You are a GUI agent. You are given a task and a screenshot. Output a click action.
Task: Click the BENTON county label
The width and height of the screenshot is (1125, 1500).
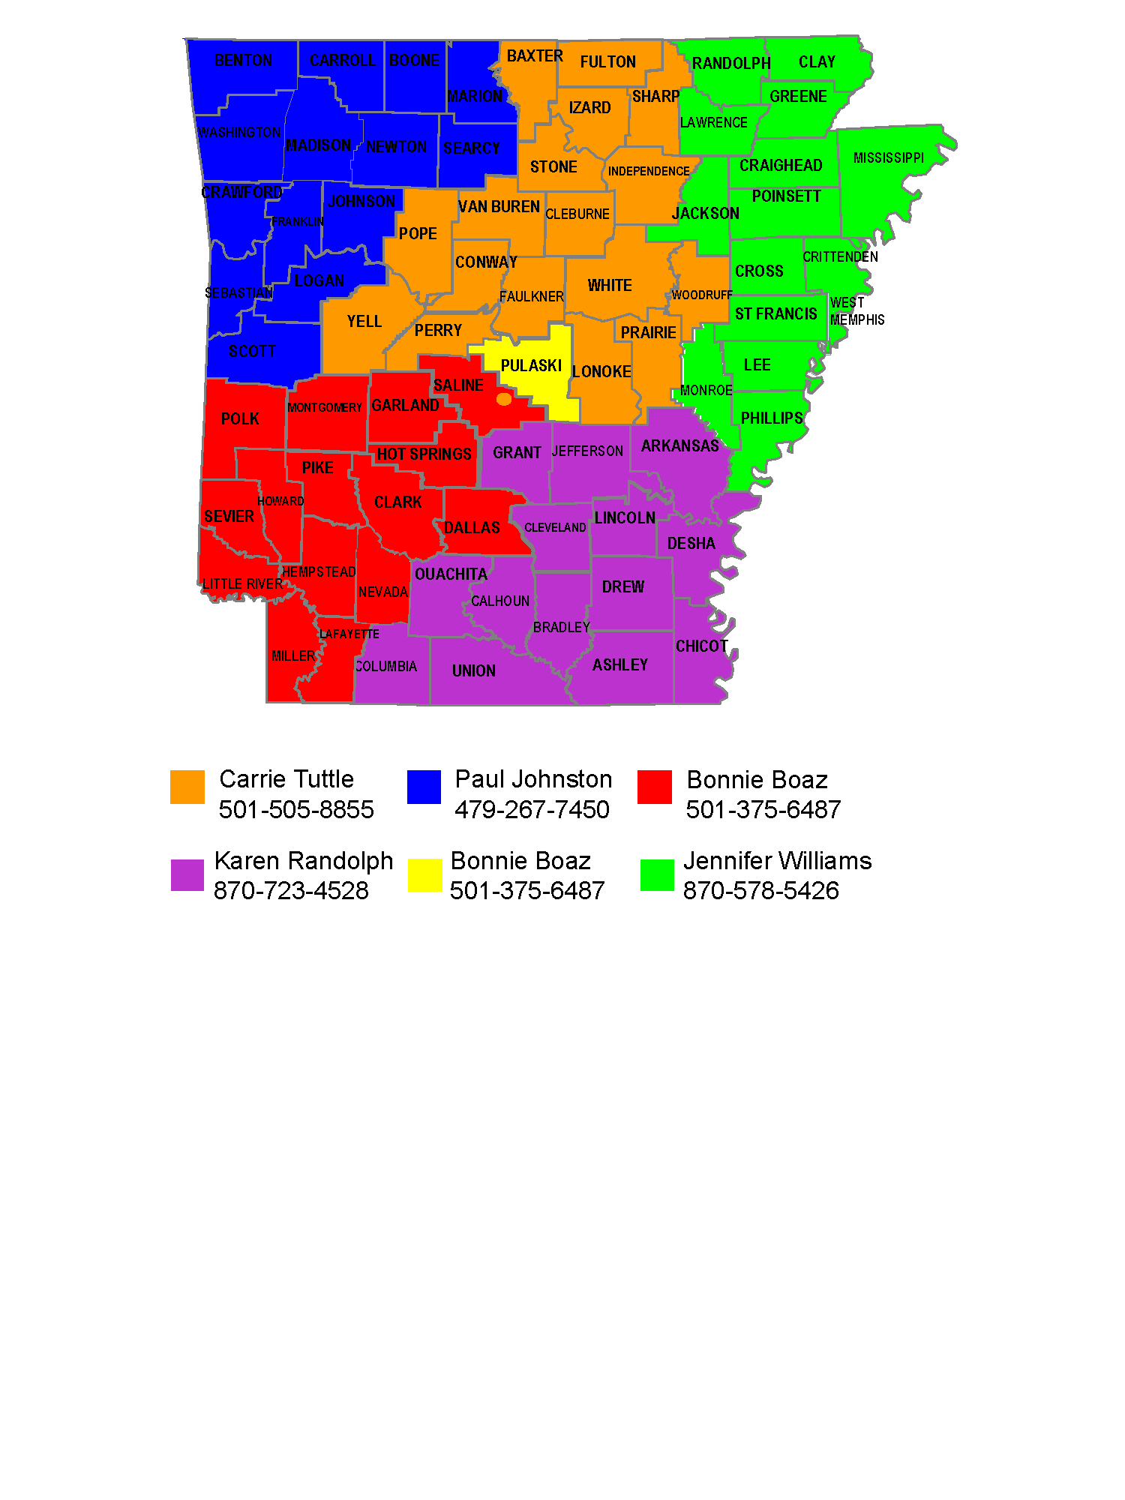point(243,61)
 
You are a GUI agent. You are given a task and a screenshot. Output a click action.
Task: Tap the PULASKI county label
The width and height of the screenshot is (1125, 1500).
point(531,366)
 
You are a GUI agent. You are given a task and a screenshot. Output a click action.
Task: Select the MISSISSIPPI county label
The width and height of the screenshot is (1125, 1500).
point(888,158)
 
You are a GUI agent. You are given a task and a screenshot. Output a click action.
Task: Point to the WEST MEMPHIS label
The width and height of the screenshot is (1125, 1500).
point(856,311)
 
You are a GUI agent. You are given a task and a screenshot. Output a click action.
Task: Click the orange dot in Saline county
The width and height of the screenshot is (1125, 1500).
point(504,399)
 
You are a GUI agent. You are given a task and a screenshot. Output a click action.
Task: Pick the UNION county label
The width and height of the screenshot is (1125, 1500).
point(473,671)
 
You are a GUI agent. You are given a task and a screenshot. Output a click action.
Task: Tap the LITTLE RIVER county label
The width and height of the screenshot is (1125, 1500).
point(242,584)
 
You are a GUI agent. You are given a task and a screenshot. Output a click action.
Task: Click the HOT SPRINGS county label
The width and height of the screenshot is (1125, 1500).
point(424,454)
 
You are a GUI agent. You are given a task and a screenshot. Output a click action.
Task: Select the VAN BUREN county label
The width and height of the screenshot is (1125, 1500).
point(499,207)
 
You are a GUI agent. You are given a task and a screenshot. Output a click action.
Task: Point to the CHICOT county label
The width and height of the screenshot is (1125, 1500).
point(701,646)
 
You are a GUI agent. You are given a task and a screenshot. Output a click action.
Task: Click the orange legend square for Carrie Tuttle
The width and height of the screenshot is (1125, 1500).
point(187,787)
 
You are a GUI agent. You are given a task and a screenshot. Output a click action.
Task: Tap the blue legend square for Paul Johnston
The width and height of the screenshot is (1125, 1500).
point(424,787)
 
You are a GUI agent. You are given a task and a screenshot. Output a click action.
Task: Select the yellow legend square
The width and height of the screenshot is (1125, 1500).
point(424,875)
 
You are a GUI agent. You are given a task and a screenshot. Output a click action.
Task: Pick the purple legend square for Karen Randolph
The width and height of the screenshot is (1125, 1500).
point(187,875)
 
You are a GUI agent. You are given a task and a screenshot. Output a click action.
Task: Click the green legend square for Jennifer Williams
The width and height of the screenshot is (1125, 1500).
point(657,875)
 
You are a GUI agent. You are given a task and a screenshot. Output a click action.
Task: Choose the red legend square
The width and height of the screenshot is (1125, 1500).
point(654,787)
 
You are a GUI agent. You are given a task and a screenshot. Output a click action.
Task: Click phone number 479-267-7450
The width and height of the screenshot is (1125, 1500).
point(532,810)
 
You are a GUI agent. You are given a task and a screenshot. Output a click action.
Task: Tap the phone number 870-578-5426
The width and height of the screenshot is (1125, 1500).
point(760,891)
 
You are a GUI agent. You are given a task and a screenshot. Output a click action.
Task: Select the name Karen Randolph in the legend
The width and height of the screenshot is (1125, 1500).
point(304,861)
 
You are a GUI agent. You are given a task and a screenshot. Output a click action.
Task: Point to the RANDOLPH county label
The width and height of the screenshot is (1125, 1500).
point(730,64)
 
